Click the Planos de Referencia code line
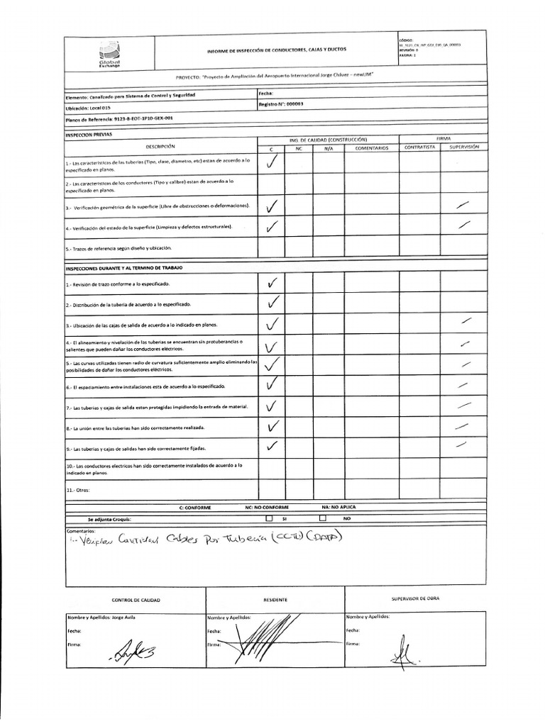click(119, 120)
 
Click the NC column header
click(299, 148)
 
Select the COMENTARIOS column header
click(372, 148)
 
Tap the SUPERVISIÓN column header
click(465, 147)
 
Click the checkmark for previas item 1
click(270, 162)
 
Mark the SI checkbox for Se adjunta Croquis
click(269, 519)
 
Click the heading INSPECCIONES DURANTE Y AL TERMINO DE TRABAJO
click(124, 269)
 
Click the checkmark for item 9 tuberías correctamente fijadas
click(270, 447)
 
